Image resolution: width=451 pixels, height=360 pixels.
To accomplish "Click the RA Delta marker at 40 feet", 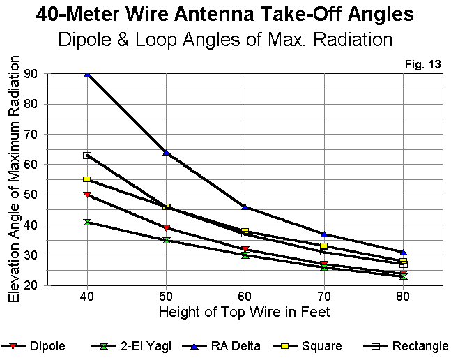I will [x=87, y=73].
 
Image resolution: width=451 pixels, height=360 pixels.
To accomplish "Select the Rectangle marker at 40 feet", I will [x=87, y=156].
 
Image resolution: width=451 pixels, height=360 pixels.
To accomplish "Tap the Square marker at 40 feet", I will [x=87, y=179].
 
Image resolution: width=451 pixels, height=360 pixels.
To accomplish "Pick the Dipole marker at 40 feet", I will [x=87, y=195].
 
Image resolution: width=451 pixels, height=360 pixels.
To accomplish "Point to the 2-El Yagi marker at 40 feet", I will [x=87, y=222].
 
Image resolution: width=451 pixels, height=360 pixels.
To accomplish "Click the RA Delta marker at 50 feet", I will [x=166, y=152].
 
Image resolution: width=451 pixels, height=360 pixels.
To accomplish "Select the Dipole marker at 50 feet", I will [x=166, y=228].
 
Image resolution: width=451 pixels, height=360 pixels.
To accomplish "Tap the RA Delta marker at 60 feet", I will [x=245, y=207].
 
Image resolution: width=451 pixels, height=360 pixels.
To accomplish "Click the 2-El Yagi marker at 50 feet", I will [x=166, y=240].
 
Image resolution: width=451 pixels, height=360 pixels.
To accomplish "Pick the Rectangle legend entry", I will [x=408, y=346].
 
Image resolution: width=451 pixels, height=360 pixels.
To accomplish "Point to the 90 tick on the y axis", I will [x=31, y=74].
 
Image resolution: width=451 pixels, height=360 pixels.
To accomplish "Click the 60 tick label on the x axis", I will [x=245, y=296].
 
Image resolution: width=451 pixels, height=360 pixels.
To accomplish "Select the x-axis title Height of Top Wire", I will [x=245, y=311].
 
